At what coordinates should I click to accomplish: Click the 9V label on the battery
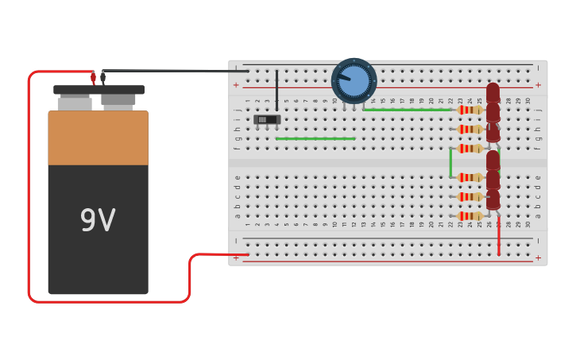98,221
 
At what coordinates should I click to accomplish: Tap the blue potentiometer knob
354,81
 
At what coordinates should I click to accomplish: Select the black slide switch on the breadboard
267,119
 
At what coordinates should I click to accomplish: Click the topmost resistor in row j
470,110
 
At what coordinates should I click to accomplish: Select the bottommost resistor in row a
470,215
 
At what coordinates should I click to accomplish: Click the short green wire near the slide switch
315,138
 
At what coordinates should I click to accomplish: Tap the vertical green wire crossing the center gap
450,162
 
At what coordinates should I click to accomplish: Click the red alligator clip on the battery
93,78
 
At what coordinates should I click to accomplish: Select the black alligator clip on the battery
102,77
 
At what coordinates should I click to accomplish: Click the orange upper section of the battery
98,137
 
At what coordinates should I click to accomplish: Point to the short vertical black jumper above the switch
276,89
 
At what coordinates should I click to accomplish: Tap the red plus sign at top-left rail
235,85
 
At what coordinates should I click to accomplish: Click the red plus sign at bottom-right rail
538,257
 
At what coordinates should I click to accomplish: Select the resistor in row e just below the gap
470,177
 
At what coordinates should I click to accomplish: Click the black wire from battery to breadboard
175,72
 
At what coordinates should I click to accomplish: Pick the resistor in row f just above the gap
470,148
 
